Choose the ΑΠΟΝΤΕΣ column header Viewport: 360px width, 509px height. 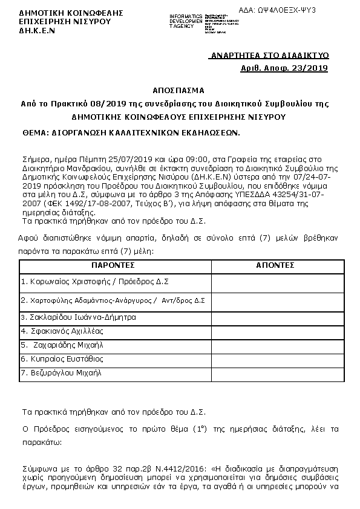point(275,265)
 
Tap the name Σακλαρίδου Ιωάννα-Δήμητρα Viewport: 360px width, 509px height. point(79,317)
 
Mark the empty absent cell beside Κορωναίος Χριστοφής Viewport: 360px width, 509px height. point(275,282)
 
